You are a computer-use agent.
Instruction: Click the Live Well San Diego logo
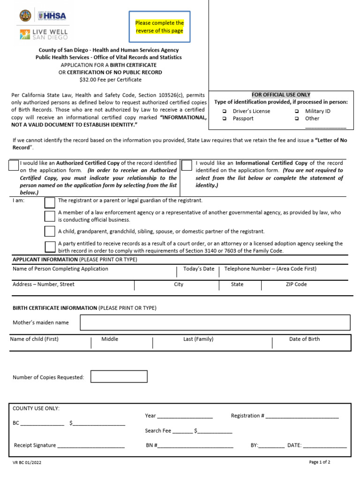click(44, 34)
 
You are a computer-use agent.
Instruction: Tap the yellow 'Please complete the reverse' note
click(159, 27)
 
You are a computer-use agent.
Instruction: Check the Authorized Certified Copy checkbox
click(14, 165)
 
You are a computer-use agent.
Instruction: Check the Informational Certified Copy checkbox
click(186, 165)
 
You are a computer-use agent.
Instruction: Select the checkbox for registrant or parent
click(49, 202)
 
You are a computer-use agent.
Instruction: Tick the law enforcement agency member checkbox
click(49, 216)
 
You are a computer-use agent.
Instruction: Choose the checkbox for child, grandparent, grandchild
click(49, 231)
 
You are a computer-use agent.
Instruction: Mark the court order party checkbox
click(49, 247)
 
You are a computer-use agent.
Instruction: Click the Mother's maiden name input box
click(215, 322)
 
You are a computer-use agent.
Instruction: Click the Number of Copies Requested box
click(119, 376)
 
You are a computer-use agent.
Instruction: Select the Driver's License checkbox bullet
click(225, 111)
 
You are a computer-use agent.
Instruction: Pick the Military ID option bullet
click(297, 111)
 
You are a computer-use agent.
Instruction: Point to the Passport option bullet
click(225, 119)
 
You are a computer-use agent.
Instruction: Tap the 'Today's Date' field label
click(199, 269)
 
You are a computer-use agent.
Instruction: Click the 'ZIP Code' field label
click(296, 285)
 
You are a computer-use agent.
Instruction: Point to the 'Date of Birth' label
click(304, 339)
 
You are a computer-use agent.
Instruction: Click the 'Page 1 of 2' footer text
click(320, 462)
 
